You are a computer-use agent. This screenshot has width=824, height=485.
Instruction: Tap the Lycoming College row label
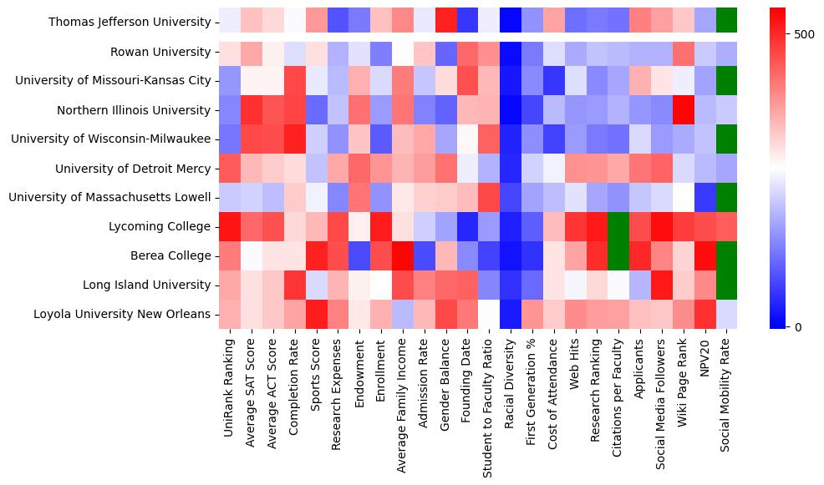tap(160, 227)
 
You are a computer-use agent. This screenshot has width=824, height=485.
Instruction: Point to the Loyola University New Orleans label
tap(122, 315)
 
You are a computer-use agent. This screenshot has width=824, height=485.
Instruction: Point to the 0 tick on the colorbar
tap(798, 326)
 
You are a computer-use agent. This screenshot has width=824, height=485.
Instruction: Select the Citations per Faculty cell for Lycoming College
tap(618, 227)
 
